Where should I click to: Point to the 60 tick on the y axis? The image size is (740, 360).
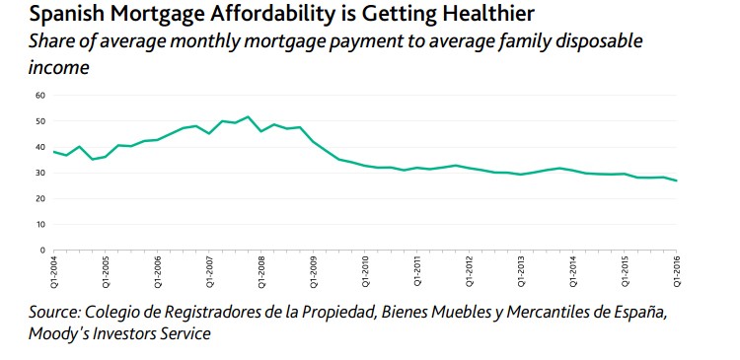click(40, 96)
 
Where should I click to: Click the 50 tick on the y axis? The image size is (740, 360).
click(40, 121)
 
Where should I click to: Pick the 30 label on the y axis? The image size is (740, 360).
click(40, 173)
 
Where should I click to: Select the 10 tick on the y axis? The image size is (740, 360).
click(40, 224)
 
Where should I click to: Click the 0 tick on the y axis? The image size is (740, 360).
click(42, 250)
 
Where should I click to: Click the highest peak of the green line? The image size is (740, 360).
click(248, 116)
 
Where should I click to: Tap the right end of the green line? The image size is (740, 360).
click(677, 180)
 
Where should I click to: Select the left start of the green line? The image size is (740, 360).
click(53, 152)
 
